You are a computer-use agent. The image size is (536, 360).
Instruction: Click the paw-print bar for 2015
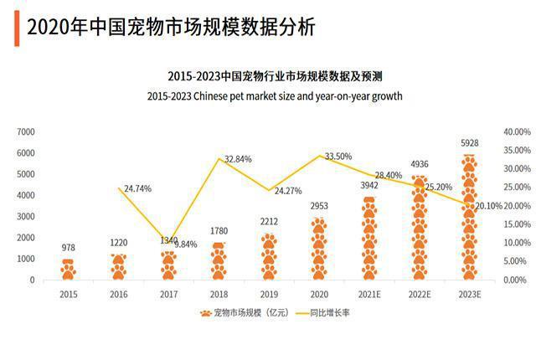68,270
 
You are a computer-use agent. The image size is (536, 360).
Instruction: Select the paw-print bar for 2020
318,249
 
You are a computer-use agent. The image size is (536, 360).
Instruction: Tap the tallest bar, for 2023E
469,218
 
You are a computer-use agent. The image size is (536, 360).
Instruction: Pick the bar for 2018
219,261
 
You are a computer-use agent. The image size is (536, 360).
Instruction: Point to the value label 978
68,249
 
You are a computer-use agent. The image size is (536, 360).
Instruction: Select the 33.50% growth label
338,157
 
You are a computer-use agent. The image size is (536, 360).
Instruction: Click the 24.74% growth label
137,189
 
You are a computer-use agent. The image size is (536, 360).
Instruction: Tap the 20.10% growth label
488,206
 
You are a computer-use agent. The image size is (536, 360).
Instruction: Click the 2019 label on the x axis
269,294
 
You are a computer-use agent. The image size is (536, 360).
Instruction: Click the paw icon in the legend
203,314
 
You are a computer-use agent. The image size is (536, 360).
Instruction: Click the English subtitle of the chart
274,96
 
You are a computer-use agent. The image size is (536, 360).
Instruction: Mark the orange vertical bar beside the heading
17,28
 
